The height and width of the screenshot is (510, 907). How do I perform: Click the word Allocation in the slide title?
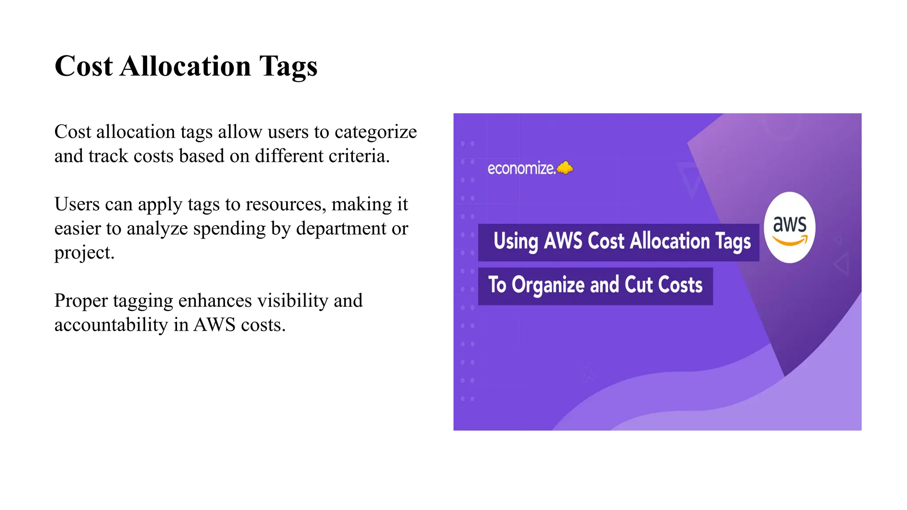tap(185, 66)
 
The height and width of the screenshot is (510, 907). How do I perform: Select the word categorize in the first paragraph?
tap(376, 132)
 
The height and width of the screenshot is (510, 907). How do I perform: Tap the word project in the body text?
tap(84, 253)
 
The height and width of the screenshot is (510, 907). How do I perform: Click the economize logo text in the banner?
tap(521, 169)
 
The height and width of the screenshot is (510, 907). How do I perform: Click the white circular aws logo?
tap(790, 228)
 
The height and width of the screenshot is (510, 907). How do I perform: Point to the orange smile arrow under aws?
tap(790, 241)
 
